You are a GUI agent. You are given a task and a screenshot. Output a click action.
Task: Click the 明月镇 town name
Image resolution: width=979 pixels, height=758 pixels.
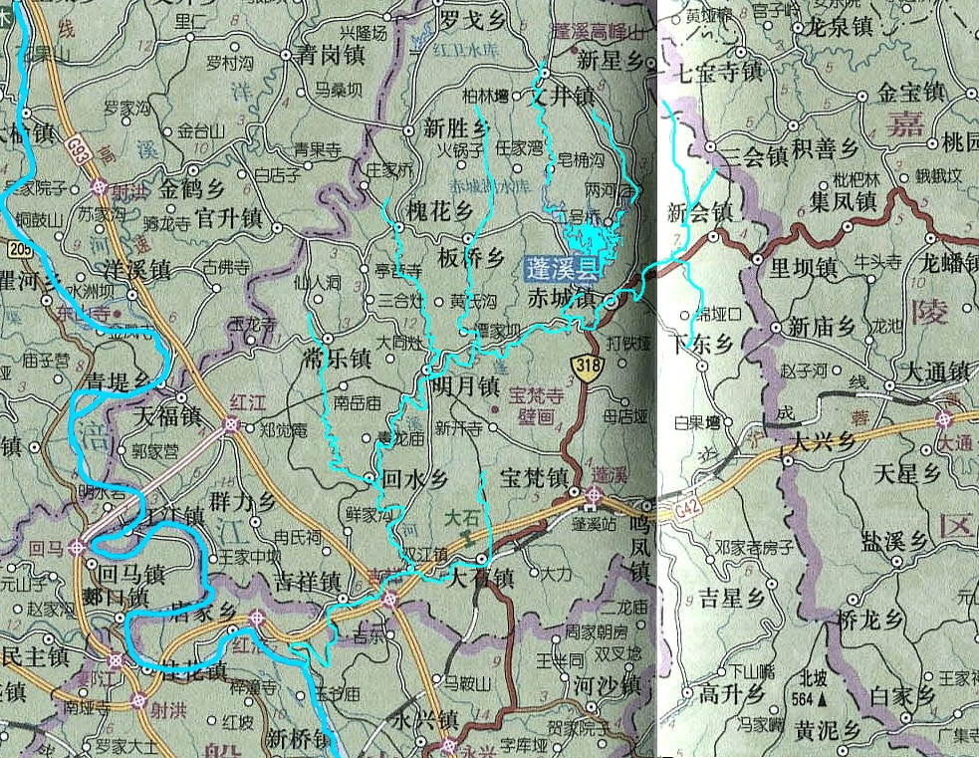coord(466,386)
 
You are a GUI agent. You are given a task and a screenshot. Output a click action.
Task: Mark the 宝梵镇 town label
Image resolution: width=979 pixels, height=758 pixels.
coord(534,477)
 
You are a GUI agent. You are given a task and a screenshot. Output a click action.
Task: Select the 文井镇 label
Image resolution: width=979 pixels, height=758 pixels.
coord(559,98)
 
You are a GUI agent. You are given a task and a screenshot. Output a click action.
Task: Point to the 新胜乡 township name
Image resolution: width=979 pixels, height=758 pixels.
coord(456,128)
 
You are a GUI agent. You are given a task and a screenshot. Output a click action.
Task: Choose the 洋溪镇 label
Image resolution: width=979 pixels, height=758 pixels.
coord(136,270)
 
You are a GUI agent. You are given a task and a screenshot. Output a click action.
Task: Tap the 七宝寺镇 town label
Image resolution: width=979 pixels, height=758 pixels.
coord(718,72)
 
